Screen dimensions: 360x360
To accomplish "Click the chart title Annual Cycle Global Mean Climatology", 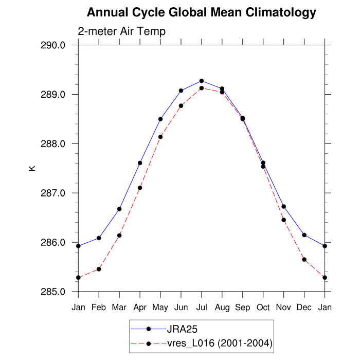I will click(201, 12).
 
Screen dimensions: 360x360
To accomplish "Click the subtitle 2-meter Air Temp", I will click(122, 31).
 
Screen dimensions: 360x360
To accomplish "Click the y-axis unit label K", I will click(32, 168).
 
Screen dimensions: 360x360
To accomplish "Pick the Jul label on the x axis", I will click(202, 308).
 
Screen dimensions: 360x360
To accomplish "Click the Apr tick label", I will click(140, 308).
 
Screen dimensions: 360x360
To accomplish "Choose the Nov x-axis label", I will click(284, 308).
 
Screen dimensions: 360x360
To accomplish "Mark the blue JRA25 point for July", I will click(202, 81).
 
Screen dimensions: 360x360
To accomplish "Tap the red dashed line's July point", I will click(202, 88).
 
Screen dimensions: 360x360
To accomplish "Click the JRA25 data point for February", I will click(99, 238).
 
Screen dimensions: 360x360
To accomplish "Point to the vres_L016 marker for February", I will click(99, 269).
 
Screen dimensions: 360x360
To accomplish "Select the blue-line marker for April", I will click(140, 163).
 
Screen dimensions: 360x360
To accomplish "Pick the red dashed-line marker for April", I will click(140, 188).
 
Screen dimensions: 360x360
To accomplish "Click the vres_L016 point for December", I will click(304, 260).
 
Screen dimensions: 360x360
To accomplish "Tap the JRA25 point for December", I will click(304, 235).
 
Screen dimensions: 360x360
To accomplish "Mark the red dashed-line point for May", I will click(160, 137).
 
